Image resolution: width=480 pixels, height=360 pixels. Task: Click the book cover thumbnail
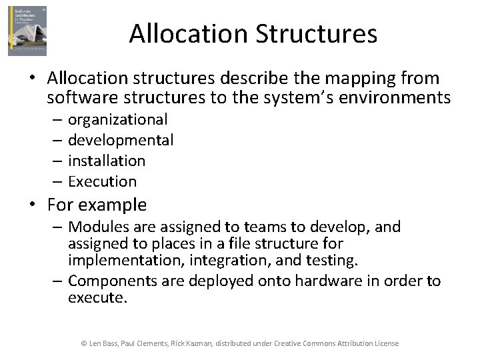(27, 31)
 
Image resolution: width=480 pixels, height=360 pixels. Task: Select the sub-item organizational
(118, 120)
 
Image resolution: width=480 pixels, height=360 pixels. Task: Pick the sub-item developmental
(121, 140)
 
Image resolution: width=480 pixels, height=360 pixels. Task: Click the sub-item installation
(107, 161)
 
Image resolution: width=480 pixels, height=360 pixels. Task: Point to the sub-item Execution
(102, 181)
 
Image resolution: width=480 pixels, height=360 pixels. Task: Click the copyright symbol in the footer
(84, 343)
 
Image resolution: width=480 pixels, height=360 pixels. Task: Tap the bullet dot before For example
(32, 205)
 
